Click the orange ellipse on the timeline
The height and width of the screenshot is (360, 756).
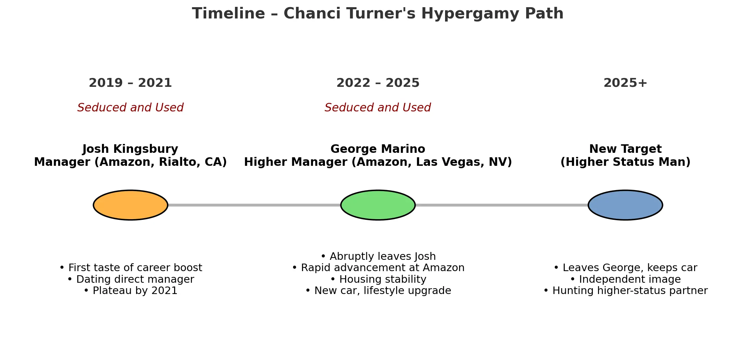pyautogui.click(x=130, y=205)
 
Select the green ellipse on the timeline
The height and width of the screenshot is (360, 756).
pyautogui.click(x=378, y=205)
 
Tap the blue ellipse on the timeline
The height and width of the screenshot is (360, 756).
pyautogui.click(x=625, y=205)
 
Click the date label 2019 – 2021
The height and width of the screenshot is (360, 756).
pyautogui.click(x=130, y=83)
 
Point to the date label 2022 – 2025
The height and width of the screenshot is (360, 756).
pyautogui.click(x=378, y=83)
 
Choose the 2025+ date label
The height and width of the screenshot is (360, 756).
pyautogui.click(x=625, y=83)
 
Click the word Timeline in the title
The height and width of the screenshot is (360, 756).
pyautogui.click(x=229, y=14)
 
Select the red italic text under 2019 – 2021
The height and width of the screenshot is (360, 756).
pyautogui.click(x=130, y=108)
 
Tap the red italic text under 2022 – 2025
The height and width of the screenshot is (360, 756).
pyautogui.click(x=378, y=108)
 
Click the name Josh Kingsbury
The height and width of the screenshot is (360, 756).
pyautogui.click(x=130, y=149)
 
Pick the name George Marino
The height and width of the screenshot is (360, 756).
pyautogui.click(x=378, y=149)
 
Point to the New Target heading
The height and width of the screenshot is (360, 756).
pyautogui.click(x=625, y=149)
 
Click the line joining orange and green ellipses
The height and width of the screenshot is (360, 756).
pyautogui.click(x=254, y=205)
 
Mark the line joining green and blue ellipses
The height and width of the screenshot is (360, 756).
pyautogui.click(x=502, y=205)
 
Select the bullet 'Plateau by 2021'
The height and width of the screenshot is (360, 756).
pyautogui.click(x=130, y=291)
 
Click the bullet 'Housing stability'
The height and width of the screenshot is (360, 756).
pyautogui.click(x=378, y=279)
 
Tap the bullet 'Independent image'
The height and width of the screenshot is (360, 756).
pyautogui.click(x=625, y=279)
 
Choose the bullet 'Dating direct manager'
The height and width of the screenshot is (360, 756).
pyautogui.click(x=130, y=279)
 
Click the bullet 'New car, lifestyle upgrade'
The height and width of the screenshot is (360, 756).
pyautogui.click(x=378, y=291)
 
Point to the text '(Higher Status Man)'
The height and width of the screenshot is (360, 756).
pyautogui.click(x=625, y=162)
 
